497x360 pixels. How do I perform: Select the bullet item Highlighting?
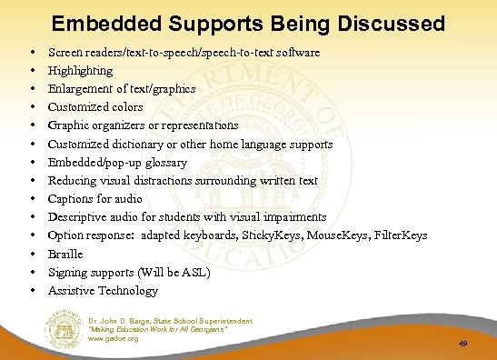tap(81, 71)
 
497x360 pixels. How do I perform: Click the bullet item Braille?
tap(65, 255)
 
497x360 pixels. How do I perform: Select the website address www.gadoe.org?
tap(113, 339)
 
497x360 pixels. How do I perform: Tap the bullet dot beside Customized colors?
tap(33, 107)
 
